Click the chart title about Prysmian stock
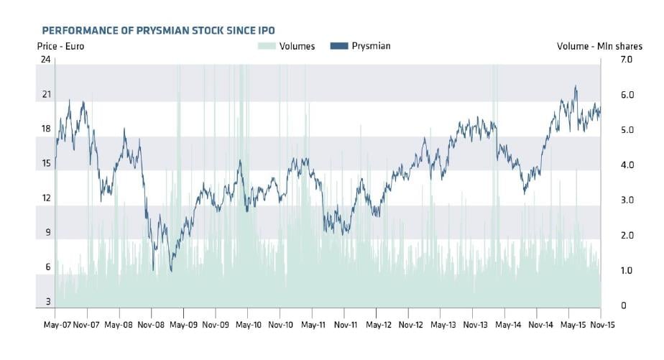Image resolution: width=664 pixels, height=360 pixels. point(158,30)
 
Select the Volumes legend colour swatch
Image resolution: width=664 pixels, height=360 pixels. point(267,46)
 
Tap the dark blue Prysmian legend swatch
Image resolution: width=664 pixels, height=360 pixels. point(338,46)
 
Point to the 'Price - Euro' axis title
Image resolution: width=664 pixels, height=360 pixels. point(60,46)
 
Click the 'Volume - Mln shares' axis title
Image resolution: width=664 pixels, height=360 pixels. point(599,46)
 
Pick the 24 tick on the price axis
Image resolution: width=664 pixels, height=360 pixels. point(46,60)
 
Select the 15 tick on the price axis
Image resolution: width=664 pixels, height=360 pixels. point(46,164)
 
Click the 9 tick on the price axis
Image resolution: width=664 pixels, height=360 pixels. point(48,233)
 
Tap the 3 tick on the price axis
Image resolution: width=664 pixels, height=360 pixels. point(48,302)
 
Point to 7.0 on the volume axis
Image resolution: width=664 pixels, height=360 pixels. point(627,60)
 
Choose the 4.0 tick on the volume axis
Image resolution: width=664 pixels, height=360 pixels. point(627,165)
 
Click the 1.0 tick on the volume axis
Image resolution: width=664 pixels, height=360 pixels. point(627,270)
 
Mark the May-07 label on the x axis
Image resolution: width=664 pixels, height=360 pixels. point(57,325)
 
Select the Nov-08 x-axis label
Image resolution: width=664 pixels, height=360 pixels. point(151,325)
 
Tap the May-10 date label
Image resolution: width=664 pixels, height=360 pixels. point(249,325)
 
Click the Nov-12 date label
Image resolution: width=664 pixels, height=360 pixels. point(411,325)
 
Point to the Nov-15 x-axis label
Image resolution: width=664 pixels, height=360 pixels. point(602,325)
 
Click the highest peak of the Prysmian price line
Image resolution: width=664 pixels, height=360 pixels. point(576,86)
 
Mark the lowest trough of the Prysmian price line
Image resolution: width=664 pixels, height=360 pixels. point(171,271)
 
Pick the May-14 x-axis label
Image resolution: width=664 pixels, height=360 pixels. point(508,325)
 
